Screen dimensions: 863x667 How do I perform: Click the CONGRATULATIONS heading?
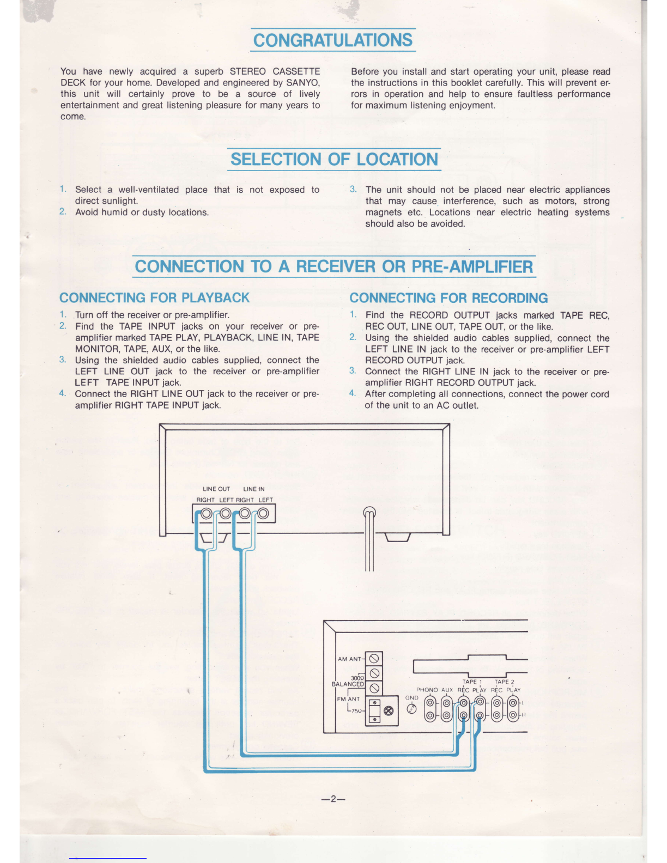[x=333, y=40]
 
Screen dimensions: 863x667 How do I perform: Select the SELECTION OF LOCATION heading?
[x=334, y=159]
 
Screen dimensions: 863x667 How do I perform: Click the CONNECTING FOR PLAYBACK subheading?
[x=154, y=297]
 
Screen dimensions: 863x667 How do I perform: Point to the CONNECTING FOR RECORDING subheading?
[x=448, y=297]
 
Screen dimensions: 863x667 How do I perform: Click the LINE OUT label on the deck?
[x=216, y=489]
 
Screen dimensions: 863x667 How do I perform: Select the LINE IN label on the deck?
[x=254, y=489]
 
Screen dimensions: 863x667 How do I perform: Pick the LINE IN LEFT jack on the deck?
[x=264, y=513]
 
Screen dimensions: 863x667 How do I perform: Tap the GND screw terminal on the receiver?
[x=412, y=708]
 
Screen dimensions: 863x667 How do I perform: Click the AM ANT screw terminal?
[x=374, y=659]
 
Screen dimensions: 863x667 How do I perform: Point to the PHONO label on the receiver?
[x=427, y=690]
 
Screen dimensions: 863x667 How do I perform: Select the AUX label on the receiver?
[x=447, y=690]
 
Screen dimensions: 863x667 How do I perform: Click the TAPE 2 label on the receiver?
[x=504, y=682]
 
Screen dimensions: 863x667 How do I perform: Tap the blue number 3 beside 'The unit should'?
[x=353, y=189]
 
